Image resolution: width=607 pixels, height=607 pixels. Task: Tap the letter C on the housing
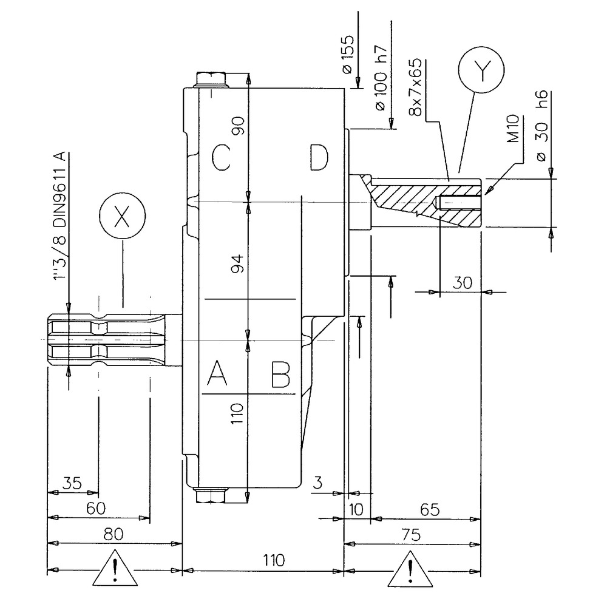[x=220, y=159]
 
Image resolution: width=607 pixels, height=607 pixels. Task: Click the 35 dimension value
[x=72, y=484]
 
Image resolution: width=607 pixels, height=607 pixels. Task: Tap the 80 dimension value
[x=114, y=534]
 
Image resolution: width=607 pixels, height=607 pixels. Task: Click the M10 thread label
[x=512, y=129]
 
